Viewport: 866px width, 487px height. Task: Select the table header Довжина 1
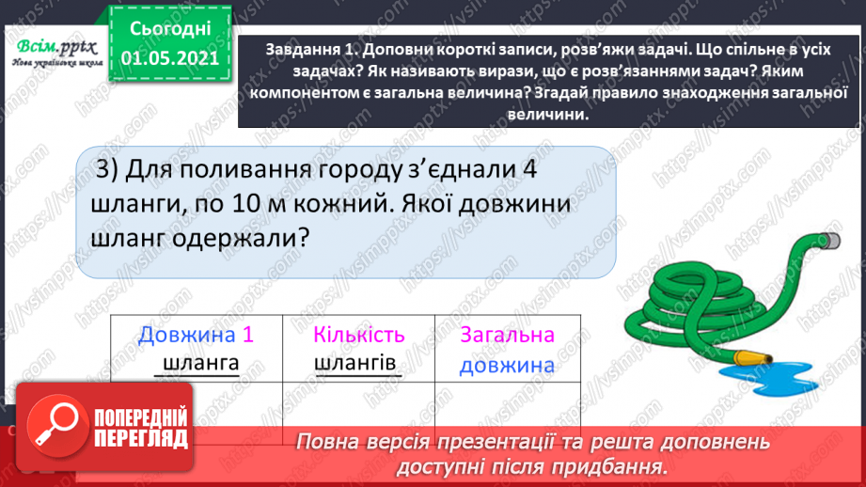[x=196, y=335]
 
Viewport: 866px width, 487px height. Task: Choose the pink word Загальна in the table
[x=508, y=335]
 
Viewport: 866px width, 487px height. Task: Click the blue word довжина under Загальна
[x=508, y=366]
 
